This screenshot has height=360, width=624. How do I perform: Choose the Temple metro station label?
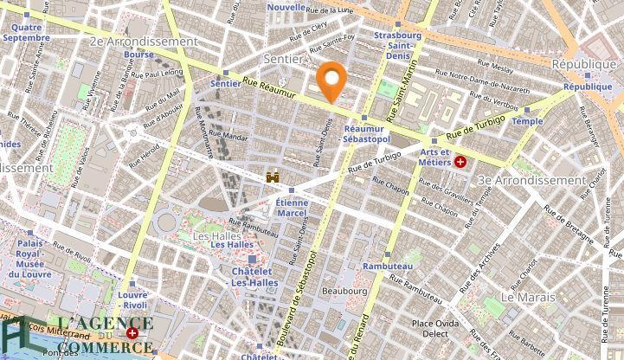(527, 122)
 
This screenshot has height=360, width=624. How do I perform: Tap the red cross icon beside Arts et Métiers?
(461, 162)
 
